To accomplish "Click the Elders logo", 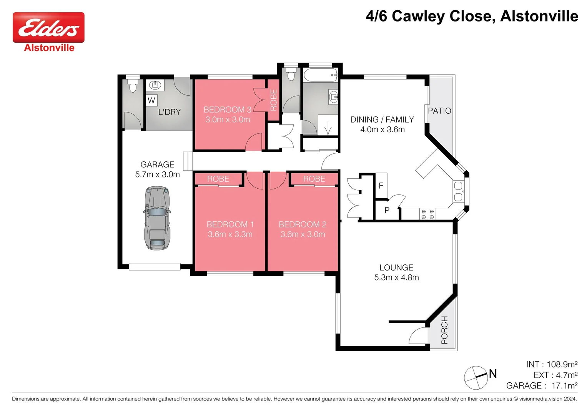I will [x=48, y=27].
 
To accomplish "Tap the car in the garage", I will [x=157, y=218].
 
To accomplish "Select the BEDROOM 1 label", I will [x=230, y=224].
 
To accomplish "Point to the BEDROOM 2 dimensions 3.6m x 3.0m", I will [x=303, y=234].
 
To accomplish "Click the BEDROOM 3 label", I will [x=227, y=110].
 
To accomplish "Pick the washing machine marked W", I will [x=151, y=101].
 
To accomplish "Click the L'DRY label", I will [x=169, y=112].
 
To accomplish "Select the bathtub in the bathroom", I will [x=320, y=75].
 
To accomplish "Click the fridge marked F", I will [x=381, y=186].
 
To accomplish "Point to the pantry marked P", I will [x=387, y=211].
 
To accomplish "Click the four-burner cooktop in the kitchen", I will [x=427, y=214].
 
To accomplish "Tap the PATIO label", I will [x=439, y=111].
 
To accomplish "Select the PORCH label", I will [x=444, y=330].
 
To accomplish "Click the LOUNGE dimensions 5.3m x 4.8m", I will [x=396, y=277].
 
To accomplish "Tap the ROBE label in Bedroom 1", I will [x=218, y=179].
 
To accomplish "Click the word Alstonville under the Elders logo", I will [x=49, y=48].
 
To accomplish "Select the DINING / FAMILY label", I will [x=382, y=120].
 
